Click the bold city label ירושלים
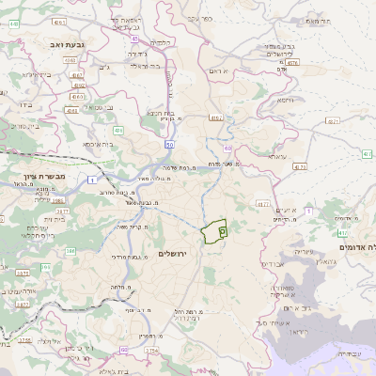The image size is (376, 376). (175, 255)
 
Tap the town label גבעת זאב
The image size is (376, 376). (67, 43)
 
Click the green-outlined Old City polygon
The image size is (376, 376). (216, 229)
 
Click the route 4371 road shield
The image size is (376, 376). (332, 121)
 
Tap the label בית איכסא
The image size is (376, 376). (102, 144)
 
